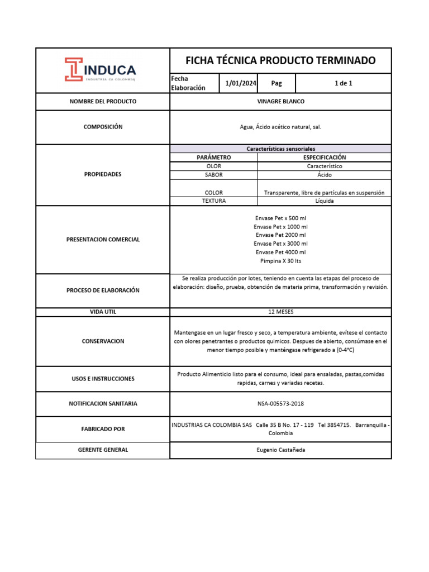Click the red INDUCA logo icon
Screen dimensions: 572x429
(x=74, y=69)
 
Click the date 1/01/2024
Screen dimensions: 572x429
(x=241, y=83)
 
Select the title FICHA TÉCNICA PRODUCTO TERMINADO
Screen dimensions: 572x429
(x=280, y=60)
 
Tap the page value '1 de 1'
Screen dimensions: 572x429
(x=343, y=83)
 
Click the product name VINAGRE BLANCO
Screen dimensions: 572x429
(x=280, y=102)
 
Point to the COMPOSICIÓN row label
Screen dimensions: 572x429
(x=103, y=127)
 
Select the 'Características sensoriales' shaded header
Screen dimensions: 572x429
(x=280, y=149)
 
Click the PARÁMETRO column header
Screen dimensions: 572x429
(x=213, y=158)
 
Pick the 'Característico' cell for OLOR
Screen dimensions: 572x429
(x=325, y=166)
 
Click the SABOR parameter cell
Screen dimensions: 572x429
(x=213, y=175)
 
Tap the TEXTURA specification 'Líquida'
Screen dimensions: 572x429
(x=325, y=201)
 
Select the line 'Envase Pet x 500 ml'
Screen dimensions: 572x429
(x=280, y=218)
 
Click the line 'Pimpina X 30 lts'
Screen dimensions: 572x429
(x=280, y=261)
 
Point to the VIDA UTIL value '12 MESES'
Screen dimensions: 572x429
(x=280, y=312)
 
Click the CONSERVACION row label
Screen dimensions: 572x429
(x=103, y=341)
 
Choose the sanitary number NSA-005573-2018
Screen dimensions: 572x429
(x=280, y=403)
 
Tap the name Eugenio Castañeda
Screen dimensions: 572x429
(x=280, y=450)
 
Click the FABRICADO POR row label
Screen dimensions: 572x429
(x=103, y=429)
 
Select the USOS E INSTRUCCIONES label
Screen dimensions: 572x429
(x=103, y=379)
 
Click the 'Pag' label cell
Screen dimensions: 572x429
(x=277, y=83)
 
